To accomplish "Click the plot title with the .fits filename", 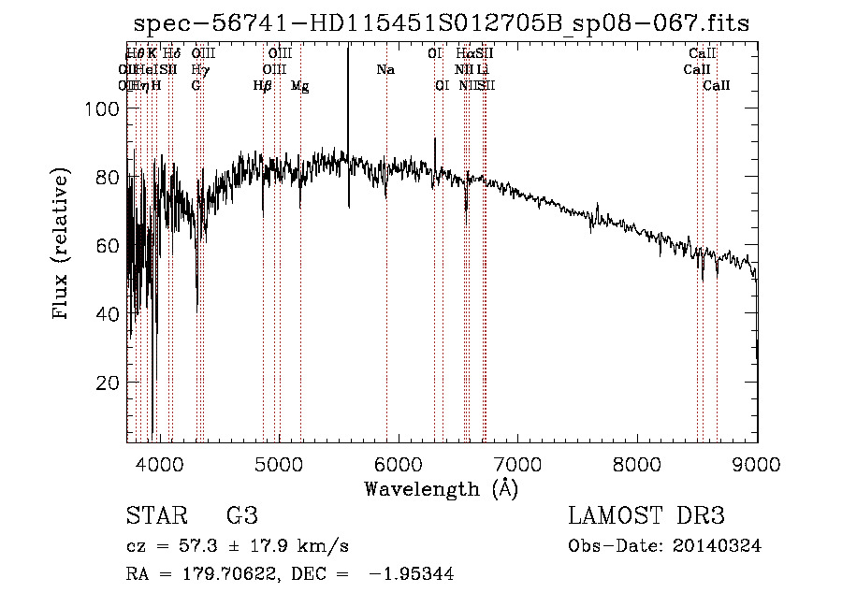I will click(x=442, y=23).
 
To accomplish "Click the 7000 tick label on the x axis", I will click(x=517, y=462).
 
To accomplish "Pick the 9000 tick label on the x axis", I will click(x=756, y=462).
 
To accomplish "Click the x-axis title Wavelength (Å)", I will click(x=442, y=488).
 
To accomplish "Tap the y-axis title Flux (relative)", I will click(x=63, y=246).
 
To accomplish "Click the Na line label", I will click(x=385, y=70).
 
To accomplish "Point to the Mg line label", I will click(x=299, y=86).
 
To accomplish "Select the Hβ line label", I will click(x=263, y=86).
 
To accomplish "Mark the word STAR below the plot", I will click(x=154, y=516).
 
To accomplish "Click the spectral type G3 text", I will click(x=241, y=516).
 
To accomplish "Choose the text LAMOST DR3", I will click(x=646, y=516).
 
